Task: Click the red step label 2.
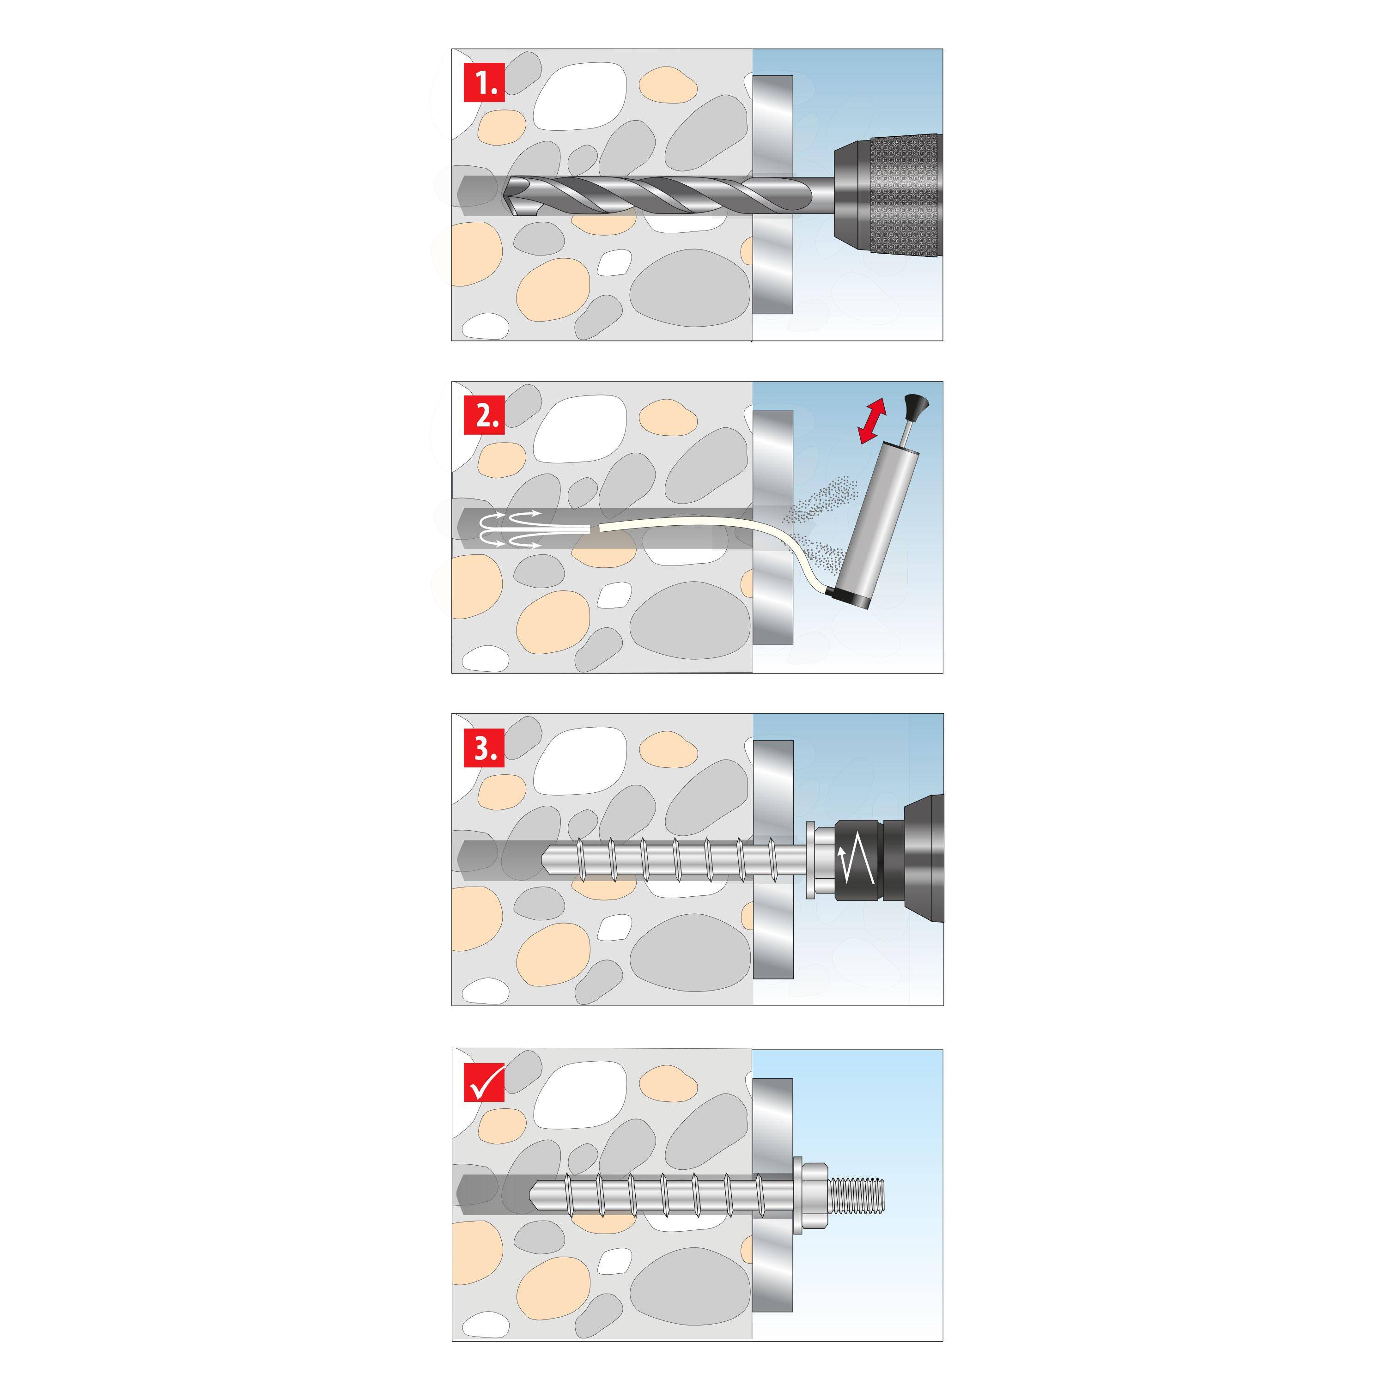[x=484, y=415]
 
